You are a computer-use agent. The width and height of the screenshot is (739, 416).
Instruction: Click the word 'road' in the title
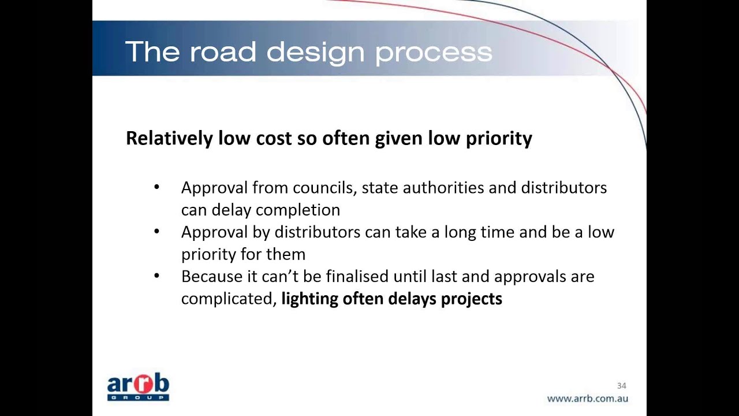(x=222, y=52)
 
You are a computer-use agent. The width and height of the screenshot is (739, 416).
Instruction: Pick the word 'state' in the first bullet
(x=379, y=188)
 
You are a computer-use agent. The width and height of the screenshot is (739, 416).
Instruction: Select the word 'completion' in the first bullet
(x=298, y=210)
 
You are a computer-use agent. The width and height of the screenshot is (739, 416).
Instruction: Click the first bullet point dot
(x=156, y=187)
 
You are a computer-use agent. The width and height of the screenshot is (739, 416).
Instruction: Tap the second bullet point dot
(x=156, y=232)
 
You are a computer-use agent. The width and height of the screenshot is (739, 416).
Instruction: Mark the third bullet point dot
(x=156, y=276)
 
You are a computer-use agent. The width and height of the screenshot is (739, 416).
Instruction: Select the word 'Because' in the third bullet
(x=212, y=277)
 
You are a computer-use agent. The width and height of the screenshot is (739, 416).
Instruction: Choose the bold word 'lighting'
(x=309, y=299)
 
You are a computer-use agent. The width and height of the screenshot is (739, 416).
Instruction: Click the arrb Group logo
(x=138, y=387)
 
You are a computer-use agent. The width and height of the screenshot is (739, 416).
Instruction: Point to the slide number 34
(x=621, y=385)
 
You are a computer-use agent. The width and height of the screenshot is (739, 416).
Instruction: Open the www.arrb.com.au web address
(x=587, y=398)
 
